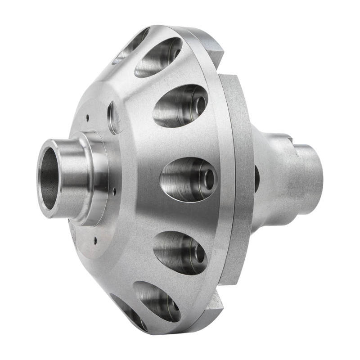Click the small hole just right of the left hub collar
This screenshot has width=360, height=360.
click(x=114, y=191)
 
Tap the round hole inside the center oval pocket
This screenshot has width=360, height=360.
click(x=209, y=179)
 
